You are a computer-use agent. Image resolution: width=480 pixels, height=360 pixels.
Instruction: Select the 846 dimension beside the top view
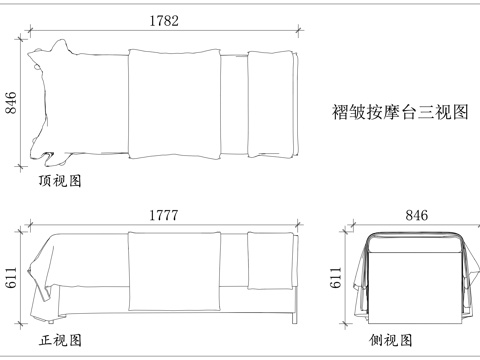coord(12,104)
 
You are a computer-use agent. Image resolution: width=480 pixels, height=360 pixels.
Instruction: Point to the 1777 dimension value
coord(165,214)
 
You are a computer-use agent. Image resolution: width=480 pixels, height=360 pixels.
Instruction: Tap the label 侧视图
coord(390,340)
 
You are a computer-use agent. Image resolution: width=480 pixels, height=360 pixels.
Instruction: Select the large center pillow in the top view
coord(174,105)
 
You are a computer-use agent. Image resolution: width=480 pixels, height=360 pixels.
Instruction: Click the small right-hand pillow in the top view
coord(271,105)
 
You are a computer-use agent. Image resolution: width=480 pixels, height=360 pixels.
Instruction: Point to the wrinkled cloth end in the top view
coord(48,105)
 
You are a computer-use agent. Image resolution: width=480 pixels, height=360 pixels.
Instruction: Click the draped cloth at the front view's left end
coord(45,275)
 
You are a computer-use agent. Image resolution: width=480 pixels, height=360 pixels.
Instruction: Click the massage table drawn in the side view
coord(414,275)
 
